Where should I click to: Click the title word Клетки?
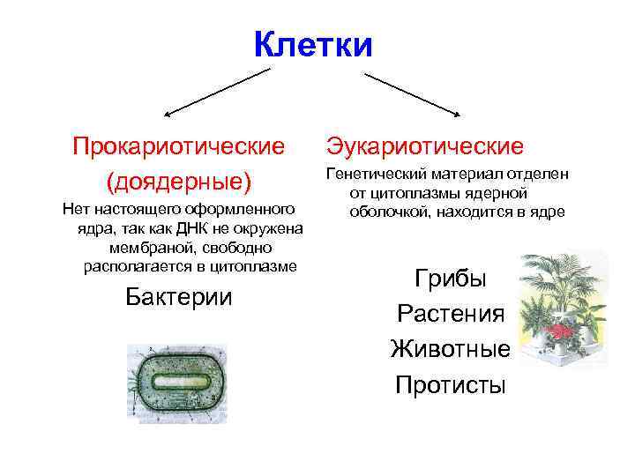313,44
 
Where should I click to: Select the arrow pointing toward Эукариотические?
413,93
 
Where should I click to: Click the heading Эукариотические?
425,145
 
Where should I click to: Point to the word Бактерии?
179,296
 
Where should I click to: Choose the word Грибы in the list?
451,279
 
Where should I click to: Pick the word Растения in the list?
451,314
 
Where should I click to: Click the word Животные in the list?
451,349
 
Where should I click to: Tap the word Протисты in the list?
451,385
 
